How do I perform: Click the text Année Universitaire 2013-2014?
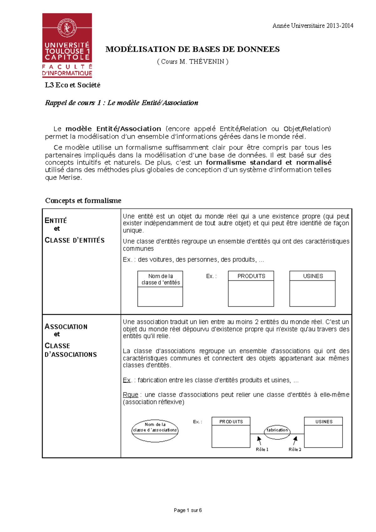[313, 26]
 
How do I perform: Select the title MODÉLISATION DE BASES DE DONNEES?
[192, 49]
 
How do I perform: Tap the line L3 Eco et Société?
[72, 85]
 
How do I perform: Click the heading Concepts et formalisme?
[83, 201]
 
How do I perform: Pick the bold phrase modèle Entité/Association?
[113, 129]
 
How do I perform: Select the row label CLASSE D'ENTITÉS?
[75, 240]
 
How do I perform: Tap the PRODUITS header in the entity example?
[251, 276]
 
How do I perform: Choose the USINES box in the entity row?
[312, 288]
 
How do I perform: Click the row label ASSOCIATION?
[66, 326]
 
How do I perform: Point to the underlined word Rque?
[130, 394]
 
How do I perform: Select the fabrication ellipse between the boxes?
[277, 430]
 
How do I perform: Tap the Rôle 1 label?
[262, 449]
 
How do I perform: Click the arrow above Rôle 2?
[295, 441]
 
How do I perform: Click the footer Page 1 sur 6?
[188, 510]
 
